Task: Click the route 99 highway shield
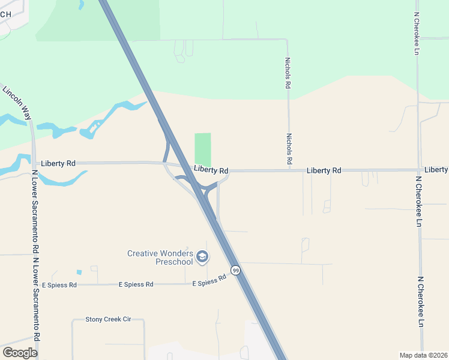click(x=236, y=271)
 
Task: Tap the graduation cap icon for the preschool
click(x=202, y=257)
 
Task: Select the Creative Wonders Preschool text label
click(x=160, y=257)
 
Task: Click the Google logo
click(x=19, y=352)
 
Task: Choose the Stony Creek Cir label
click(x=108, y=319)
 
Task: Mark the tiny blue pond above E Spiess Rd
click(x=79, y=272)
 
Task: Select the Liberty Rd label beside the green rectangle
click(x=211, y=170)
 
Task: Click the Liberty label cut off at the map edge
click(x=436, y=170)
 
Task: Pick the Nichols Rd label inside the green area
click(x=288, y=73)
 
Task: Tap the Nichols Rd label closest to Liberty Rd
click(x=289, y=149)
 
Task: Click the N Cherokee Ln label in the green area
click(x=416, y=34)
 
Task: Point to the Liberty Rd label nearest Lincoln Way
click(x=58, y=163)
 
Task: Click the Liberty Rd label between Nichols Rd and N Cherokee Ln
click(x=324, y=170)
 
